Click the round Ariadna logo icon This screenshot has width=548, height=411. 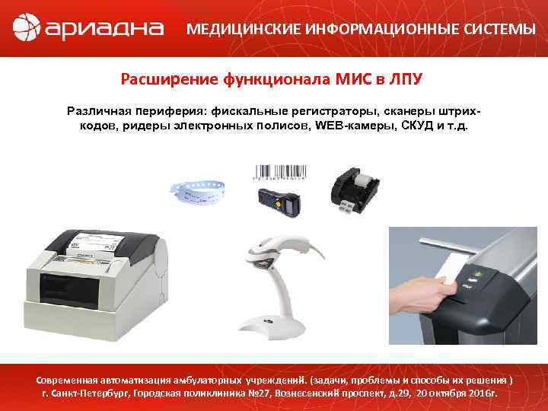coord(27,29)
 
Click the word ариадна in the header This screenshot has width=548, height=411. coord(104,30)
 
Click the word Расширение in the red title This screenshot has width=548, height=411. coord(169,79)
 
